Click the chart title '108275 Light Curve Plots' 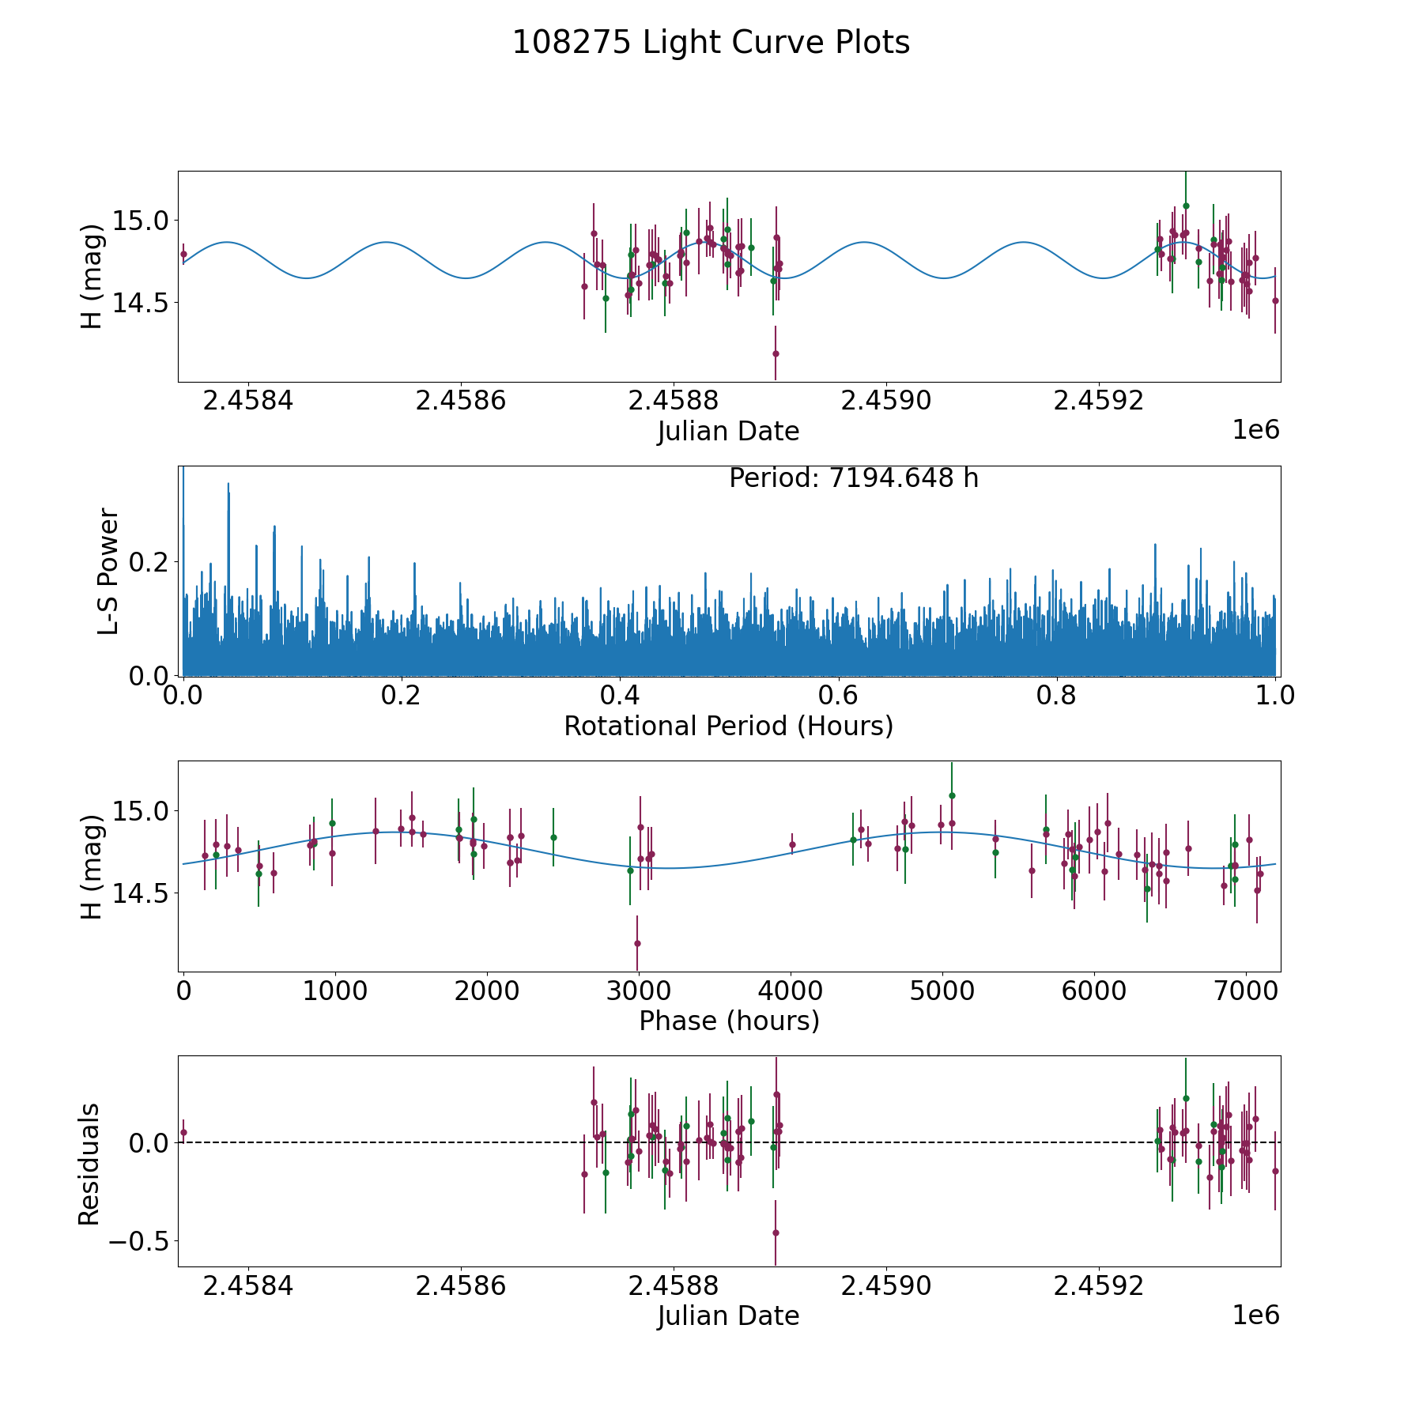coord(711,43)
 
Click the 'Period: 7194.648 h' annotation coord(854,478)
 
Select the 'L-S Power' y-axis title coord(108,572)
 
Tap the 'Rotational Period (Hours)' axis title coord(728,726)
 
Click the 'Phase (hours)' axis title coord(729,1021)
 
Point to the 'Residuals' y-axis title coord(89,1164)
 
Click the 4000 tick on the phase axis coord(791,991)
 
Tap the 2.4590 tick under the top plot coord(885,401)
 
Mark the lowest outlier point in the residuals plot coord(776,1232)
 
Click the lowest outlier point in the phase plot coord(637,943)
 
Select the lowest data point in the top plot coord(776,353)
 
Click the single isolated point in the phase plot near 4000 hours coord(792,844)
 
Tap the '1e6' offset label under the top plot coord(1255,431)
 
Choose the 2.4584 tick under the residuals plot coord(248,1286)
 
